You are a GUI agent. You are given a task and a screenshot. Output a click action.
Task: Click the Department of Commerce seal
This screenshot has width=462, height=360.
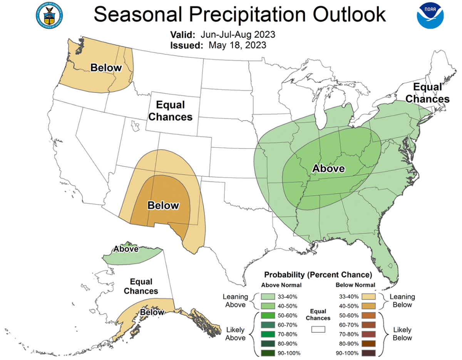point(50,16)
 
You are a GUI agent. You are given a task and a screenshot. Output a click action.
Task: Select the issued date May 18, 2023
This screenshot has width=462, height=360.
point(237,45)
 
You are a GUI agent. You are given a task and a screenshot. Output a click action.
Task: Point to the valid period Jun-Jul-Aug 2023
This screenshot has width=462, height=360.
point(242,34)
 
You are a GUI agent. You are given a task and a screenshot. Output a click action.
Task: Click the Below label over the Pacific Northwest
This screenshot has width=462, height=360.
point(106,68)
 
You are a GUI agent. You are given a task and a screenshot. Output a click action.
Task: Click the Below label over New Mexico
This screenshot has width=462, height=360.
point(163,205)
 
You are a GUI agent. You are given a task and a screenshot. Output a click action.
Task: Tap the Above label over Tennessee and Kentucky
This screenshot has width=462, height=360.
point(328,168)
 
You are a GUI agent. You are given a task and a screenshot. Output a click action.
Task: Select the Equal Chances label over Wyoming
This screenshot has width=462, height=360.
point(170,111)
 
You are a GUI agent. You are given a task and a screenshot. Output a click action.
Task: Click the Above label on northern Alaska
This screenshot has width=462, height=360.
point(126,249)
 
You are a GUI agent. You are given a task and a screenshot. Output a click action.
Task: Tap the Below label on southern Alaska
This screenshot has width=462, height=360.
point(152,312)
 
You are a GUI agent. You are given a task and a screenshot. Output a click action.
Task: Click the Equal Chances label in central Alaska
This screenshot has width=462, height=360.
point(141,287)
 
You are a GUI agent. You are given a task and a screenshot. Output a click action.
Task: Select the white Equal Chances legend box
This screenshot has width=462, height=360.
point(318,329)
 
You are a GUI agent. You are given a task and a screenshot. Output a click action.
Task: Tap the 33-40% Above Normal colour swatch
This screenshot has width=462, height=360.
point(268,297)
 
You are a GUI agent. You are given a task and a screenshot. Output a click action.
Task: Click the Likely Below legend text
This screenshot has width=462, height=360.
point(402,334)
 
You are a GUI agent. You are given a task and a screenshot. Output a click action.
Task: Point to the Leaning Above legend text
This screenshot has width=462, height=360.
point(235,301)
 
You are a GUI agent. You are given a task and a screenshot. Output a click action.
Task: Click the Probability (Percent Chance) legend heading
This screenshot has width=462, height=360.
point(318,275)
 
